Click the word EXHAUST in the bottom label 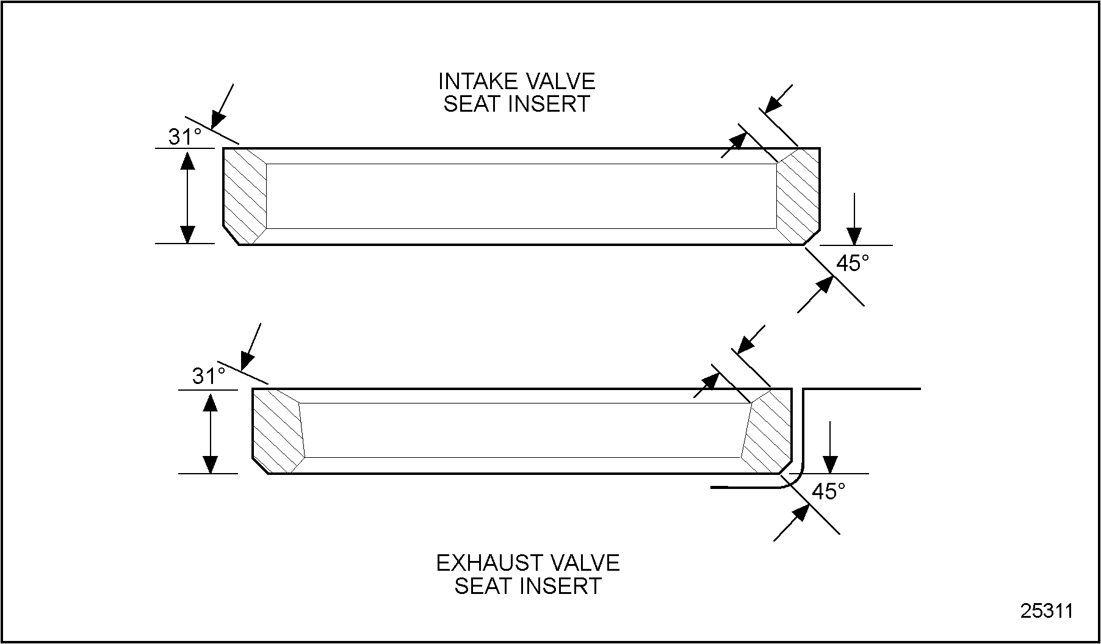[481, 563]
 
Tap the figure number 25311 [1047, 611]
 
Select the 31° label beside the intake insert [185, 137]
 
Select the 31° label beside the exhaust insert [209, 377]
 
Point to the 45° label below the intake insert [852, 264]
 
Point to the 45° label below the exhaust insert [828, 491]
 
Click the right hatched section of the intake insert [798, 195]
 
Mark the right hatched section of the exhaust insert [767, 430]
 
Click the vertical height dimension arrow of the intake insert [187, 196]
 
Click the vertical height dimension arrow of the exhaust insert [211, 433]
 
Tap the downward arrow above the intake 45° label [854, 219]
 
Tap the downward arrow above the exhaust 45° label [830, 447]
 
